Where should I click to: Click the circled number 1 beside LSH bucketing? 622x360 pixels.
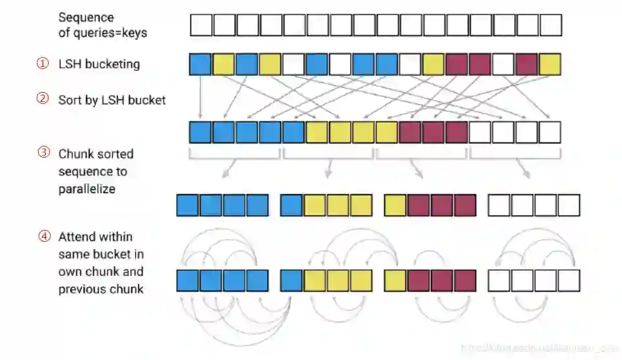pyautogui.click(x=41, y=64)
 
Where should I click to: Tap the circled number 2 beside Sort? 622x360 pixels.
pyautogui.click(x=41, y=100)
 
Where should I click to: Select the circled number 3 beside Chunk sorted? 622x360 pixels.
pyautogui.click(x=41, y=153)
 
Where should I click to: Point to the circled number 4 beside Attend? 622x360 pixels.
pyautogui.click(x=41, y=236)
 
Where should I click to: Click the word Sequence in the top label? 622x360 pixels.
pyautogui.click(x=85, y=17)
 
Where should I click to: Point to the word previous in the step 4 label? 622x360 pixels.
pyautogui.click(x=81, y=288)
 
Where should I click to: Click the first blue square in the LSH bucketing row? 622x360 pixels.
pyautogui.click(x=200, y=64)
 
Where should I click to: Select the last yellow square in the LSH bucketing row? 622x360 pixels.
pyautogui.click(x=550, y=64)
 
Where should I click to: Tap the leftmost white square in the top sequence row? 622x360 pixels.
pyautogui.click(x=201, y=25)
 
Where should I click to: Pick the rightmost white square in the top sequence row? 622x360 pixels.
pyautogui.click(x=550, y=25)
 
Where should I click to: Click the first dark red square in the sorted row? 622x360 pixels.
pyautogui.click(x=410, y=132)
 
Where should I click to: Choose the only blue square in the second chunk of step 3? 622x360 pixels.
pyautogui.click(x=292, y=205)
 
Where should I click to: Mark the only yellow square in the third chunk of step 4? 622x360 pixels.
pyautogui.click(x=395, y=281)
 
